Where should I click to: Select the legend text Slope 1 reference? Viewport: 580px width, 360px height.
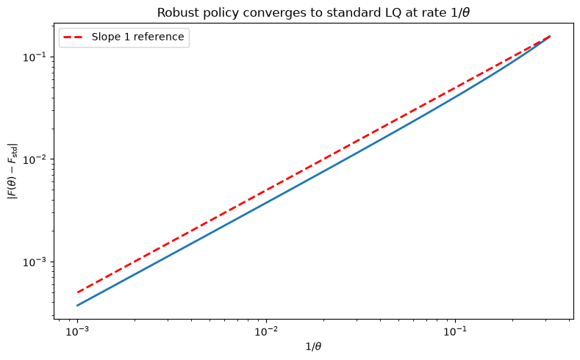tap(138, 37)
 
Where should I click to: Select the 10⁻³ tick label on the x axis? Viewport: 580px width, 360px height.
tap(78, 331)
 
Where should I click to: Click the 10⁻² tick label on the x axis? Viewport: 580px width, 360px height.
tap(266, 331)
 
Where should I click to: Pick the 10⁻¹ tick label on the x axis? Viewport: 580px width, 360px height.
tap(455, 331)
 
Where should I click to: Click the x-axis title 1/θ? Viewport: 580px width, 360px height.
tap(313, 346)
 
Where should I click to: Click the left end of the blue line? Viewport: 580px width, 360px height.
tap(78, 306)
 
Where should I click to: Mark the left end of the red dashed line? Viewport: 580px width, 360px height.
tap(78, 292)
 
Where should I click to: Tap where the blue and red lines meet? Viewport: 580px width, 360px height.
tap(550, 36)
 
